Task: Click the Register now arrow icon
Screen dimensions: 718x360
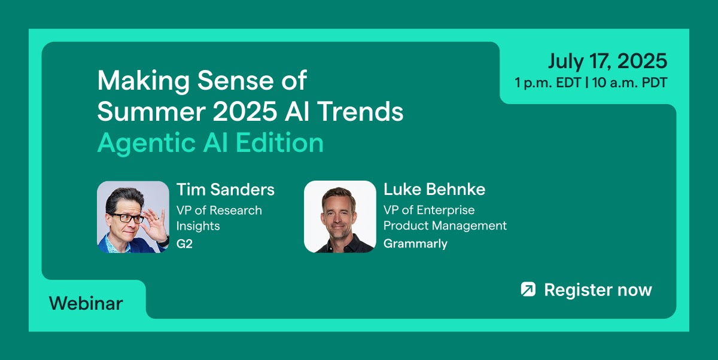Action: pyautogui.click(x=528, y=289)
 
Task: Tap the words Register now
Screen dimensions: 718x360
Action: pyautogui.click(x=598, y=290)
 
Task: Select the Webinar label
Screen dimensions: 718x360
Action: pyautogui.click(x=86, y=303)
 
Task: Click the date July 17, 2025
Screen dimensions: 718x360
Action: pyautogui.click(x=607, y=61)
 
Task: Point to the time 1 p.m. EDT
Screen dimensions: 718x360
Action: pyautogui.click(x=548, y=83)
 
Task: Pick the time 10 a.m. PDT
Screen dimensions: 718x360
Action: pyautogui.click(x=630, y=83)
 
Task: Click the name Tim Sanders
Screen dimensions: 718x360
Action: pyautogui.click(x=226, y=190)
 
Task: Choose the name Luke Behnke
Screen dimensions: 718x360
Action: pyautogui.click(x=434, y=189)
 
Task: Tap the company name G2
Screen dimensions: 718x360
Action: pyautogui.click(x=184, y=244)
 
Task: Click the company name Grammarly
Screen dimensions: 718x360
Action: pyautogui.click(x=415, y=244)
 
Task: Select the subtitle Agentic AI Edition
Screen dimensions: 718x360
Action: pyautogui.click(x=211, y=143)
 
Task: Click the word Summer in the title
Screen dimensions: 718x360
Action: pyautogui.click(x=151, y=111)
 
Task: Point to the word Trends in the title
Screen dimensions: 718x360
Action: pyautogui.click(x=360, y=111)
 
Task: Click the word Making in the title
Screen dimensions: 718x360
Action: pyautogui.click(x=144, y=81)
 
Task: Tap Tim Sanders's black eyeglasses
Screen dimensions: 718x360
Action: pyautogui.click(x=127, y=218)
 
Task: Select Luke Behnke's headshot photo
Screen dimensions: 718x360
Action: pyautogui.click(x=340, y=217)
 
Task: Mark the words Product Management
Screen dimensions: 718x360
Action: pyautogui.click(x=445, y=225)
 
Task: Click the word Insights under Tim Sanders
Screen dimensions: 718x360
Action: pyautogui.click(x=198, y=226)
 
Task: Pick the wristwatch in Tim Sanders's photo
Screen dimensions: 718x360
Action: pyautogui.click(x=164, y=240)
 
